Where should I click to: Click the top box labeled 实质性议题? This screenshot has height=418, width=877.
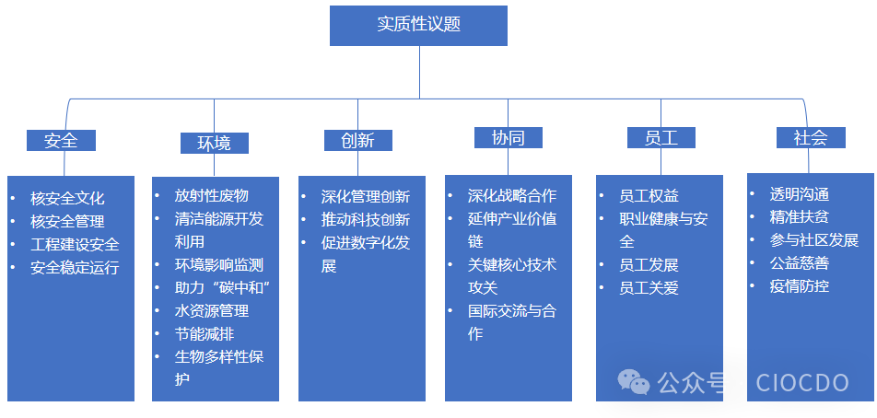tap(418, 25)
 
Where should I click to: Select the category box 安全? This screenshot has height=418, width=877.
tap(61, 140)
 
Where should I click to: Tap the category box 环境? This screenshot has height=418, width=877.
tap(214, 143)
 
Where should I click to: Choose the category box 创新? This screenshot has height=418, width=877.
tap(357, 140)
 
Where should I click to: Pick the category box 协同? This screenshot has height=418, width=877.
tap(508, 138)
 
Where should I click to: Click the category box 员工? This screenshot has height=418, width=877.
tap(661, 138)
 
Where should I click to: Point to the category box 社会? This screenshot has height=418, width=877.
tap(811, 137)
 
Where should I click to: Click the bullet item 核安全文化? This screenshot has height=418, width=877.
tap(67, 198)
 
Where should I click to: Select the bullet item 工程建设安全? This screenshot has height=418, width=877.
tap(75, 245)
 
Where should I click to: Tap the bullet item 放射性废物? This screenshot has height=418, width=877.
tap(211, 195)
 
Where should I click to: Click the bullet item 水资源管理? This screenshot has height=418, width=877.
tap(211, 310)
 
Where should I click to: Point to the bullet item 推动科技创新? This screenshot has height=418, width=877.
tap(365, 220)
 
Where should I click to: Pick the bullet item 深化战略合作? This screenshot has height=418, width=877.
tap(511, 195)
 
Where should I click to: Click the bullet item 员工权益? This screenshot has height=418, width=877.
tap(649, 195)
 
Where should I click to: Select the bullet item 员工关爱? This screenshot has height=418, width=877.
tap(649, 288)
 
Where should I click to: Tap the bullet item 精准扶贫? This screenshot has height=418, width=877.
tap(799, 217)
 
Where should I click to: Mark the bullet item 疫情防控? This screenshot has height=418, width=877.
tap(799, 285)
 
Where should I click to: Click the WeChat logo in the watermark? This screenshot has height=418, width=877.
tap(634, 380)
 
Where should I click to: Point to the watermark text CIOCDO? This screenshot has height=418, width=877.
tap(802, 382)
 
